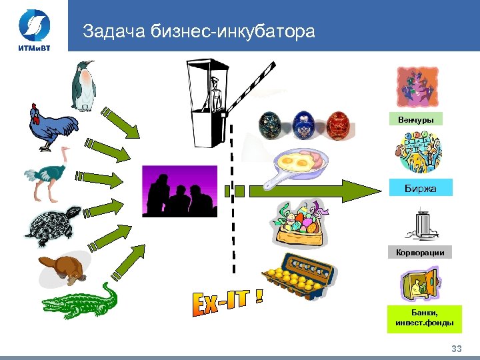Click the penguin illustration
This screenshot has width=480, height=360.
click(83, 86)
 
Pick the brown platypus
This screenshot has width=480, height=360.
click(63, 268)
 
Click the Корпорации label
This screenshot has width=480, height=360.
click(420, 253)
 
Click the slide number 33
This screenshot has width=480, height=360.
click(456, 349)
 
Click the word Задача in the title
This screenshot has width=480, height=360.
click(112, 32)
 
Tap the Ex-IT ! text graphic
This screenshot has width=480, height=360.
click(226, 307)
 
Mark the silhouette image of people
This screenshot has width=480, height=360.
click(180, 191)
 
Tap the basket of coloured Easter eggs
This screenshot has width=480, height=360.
click(299, 223)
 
